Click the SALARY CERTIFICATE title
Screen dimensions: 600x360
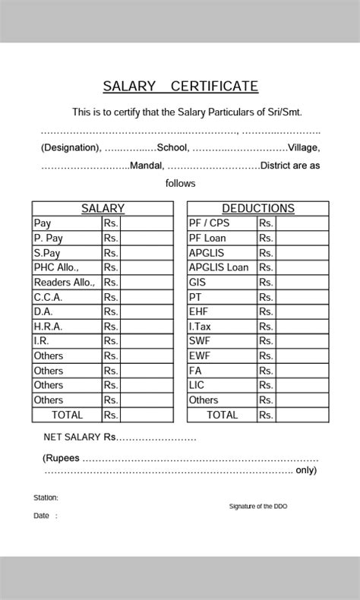181,87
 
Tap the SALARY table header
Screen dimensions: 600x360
103,208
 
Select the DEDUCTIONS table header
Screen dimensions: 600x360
257,208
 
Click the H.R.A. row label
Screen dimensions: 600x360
48,327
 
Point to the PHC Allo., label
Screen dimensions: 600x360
56,267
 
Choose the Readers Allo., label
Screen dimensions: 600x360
65,283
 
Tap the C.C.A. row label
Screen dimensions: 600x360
48,297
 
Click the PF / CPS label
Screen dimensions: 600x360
209,223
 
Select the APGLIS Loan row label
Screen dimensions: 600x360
219,267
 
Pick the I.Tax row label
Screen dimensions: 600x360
201,327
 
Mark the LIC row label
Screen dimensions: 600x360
197,385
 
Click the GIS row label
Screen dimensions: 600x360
197,283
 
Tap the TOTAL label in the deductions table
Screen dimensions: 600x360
222,415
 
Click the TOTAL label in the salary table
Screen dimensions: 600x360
67,415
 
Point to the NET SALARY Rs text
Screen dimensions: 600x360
80,437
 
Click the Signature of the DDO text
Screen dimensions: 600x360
258,506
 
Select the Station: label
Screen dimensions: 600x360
46,498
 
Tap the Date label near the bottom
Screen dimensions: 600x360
42,516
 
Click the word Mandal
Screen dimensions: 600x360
147,166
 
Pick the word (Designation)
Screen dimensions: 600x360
70,148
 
